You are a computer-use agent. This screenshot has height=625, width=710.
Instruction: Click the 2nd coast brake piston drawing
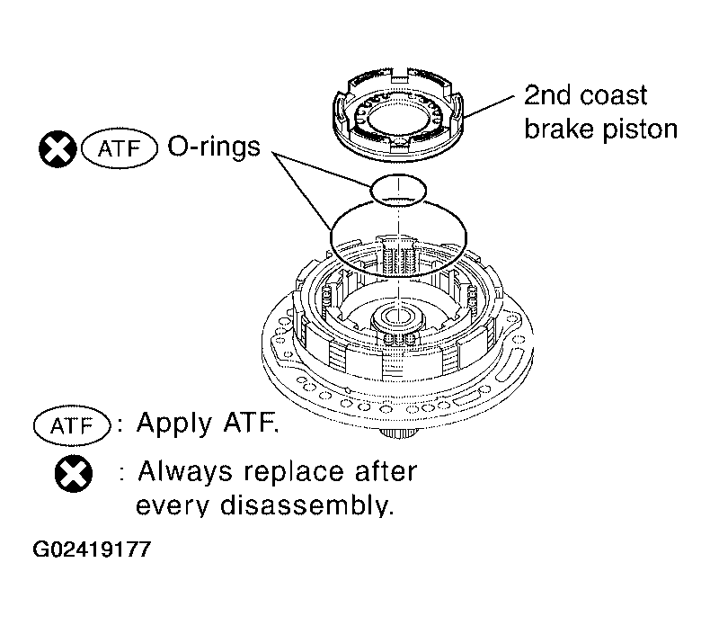[x=398, y=116]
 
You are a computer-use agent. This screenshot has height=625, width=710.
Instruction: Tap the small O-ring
[x=398, y=175]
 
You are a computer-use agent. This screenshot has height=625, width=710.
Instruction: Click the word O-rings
[x=214, y=147]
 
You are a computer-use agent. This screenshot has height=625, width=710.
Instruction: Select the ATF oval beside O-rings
[x=120, y=148]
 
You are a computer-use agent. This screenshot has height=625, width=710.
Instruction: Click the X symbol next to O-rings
[x=58, y=149]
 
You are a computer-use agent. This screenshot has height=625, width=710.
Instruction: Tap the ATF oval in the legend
[x=72, y=425]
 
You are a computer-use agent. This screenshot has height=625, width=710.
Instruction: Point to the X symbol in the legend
[x=73, y=474]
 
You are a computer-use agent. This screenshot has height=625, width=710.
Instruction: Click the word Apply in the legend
[x=174, y=424]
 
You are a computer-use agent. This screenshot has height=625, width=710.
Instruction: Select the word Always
[x=185, y=472]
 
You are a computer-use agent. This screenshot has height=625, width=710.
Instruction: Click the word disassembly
[x=306, y=504]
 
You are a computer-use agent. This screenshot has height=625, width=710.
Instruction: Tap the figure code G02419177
[x=92, y=549]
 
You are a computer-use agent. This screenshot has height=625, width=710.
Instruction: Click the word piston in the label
[x=639, y=130]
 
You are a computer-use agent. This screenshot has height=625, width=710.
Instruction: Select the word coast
[x=614, y=96]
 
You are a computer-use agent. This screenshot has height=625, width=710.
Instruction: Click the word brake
[x=559, y=129]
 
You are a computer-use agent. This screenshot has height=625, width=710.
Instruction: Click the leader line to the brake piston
[x=489, y=107]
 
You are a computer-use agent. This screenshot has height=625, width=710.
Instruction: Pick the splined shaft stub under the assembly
[x=397, y=433]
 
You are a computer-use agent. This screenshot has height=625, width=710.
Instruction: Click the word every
[x=173, y=505]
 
